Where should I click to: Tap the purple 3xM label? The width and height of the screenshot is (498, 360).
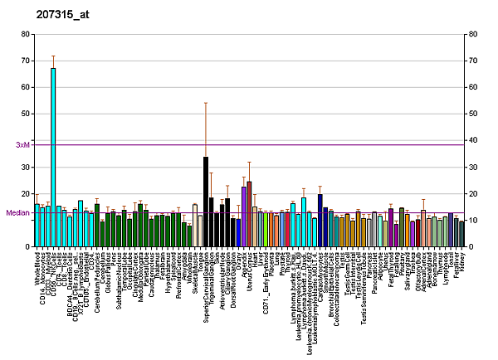click(22, 145)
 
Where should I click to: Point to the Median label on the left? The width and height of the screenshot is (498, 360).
click(17, 212)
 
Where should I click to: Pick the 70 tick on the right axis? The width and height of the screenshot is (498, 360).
click(472, 61)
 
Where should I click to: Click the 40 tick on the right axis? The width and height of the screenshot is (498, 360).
click(472, 140)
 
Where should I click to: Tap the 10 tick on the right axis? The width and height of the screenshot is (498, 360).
click(472, 220)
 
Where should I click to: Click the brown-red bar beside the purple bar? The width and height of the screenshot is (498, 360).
click(249, 213)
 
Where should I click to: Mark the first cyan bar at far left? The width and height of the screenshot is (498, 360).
click(37, 225)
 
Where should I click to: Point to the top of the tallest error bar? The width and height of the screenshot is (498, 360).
click(206, 103)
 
